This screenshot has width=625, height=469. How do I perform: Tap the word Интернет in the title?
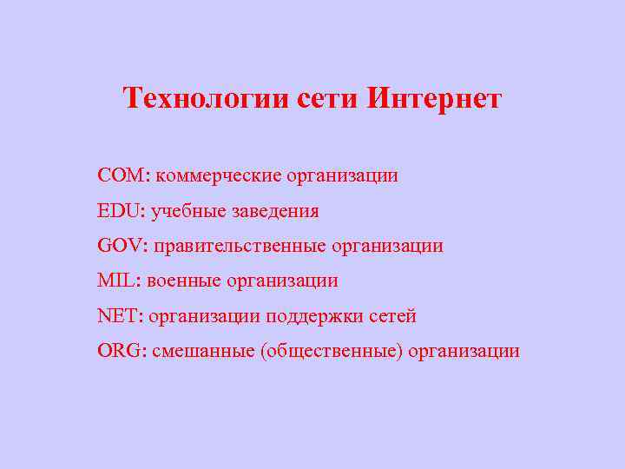[433, 98]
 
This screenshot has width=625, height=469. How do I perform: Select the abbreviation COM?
[122, 176]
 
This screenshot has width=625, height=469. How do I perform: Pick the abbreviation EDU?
[122, 211]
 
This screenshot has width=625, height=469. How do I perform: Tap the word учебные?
[186, 212]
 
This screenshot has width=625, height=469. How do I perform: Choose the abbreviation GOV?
[123, 246]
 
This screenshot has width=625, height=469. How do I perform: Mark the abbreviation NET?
[121, 316]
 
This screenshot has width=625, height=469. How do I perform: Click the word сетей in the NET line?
[392, 316]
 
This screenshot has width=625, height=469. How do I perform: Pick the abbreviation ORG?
[122, 351]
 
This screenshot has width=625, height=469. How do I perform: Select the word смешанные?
[203, 351]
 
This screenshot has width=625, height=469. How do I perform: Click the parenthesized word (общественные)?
[332, 352]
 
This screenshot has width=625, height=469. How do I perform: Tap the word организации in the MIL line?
[282, 281]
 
